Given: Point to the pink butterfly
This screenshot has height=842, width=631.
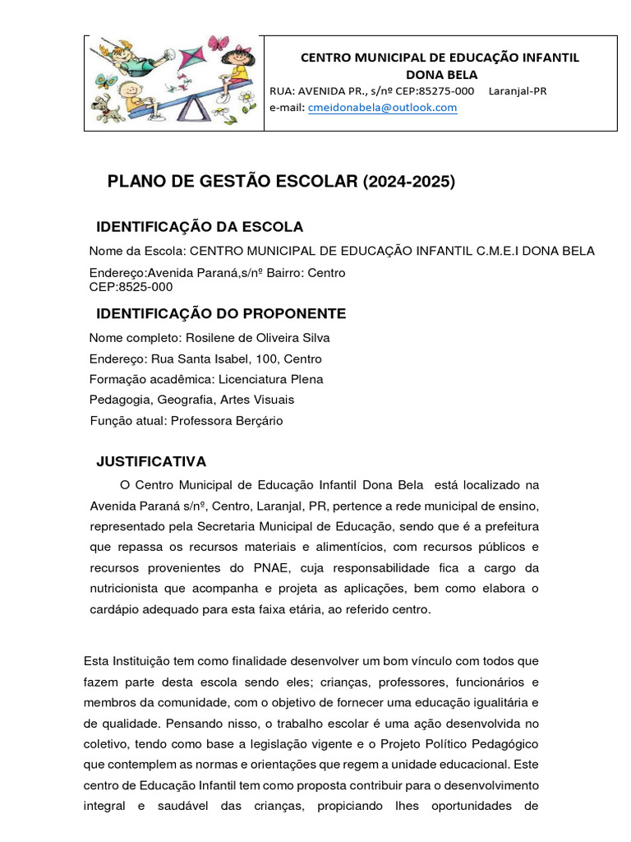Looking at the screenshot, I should pos(218,43).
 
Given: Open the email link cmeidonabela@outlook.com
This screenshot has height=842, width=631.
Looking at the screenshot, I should pos(382,107).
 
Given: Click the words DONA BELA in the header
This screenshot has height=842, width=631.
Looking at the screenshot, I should pos(441,74).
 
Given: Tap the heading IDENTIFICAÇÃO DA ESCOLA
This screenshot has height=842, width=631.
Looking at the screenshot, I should pos(200,227).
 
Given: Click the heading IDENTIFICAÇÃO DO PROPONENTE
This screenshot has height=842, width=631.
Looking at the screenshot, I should pos(221,313).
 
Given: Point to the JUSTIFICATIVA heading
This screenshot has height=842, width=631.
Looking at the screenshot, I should pos(151,461).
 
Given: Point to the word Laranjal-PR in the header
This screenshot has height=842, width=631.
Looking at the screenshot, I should pos(518,90).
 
